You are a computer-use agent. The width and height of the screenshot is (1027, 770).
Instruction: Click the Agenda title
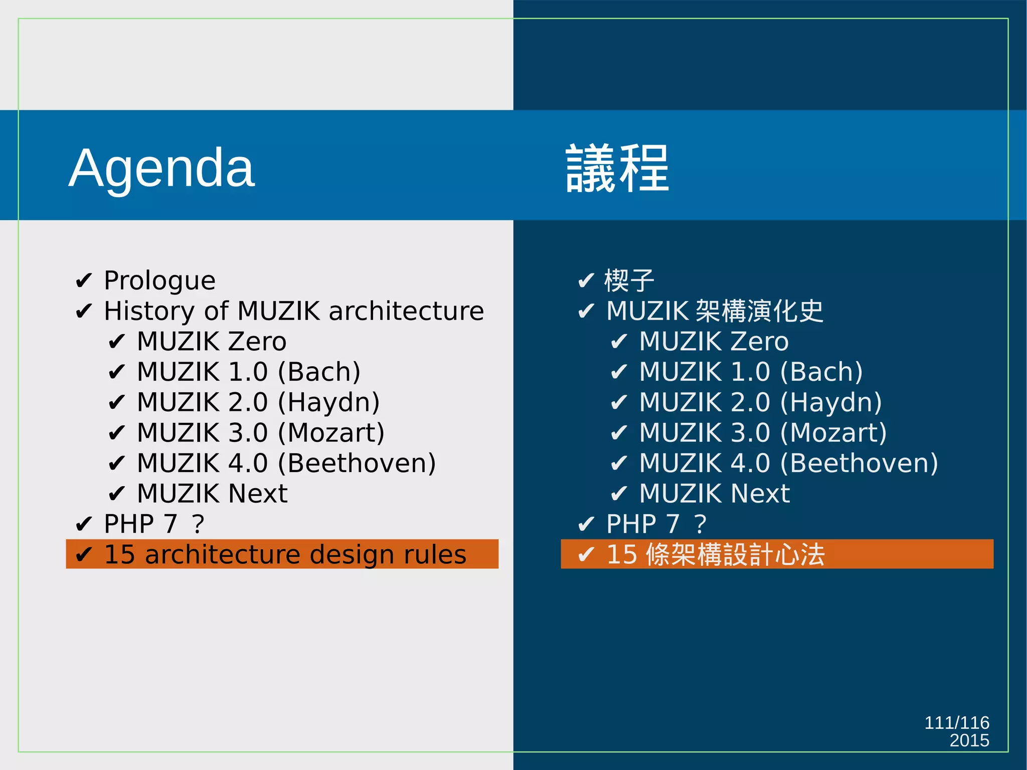pyautogui.click(x=161, y=168)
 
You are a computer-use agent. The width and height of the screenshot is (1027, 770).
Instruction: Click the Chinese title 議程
pyautogui.click(x=617, y=168)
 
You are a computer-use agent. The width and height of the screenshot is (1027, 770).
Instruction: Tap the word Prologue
pyautogui.click(x=159, y=280)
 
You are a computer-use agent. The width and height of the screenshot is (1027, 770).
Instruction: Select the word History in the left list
pyautogui.click(x=148, y=311)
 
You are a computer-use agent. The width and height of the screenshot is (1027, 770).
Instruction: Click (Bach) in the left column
pyautogui.click(x=319, y=372)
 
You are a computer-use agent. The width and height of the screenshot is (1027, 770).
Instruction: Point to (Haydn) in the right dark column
pyautogui.click(x=831, y=403)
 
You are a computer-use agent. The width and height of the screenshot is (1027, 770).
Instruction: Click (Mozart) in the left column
pyautogui.click(x=331, y=433)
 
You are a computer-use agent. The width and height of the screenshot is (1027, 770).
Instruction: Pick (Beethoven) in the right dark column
pyautogui.click(x=859, y=464)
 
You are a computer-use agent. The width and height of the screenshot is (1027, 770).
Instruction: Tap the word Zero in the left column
pyautogui.click(x=257, y=342)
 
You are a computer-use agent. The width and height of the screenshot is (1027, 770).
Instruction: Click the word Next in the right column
pyautogui.click(x=760, y=494)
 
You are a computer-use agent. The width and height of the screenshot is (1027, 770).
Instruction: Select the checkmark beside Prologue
pyautogui.click(x=83, y=281)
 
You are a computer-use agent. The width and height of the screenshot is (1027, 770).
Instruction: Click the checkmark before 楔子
pyautogui.click(x=586, y=281)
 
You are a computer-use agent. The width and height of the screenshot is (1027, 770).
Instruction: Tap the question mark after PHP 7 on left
pyautogui.click(x=198, y=524)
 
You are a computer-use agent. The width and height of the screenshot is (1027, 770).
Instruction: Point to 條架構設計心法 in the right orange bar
pyautogui.click(x=735, y=555)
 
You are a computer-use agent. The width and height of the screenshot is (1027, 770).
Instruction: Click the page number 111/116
pyautogui.click(x=956, y=723)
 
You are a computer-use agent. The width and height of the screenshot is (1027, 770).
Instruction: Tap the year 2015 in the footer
pyautogui.click(x=969, y=740)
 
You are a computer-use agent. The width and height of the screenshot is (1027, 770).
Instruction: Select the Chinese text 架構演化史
pyautogui.click(x=760, y=311)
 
